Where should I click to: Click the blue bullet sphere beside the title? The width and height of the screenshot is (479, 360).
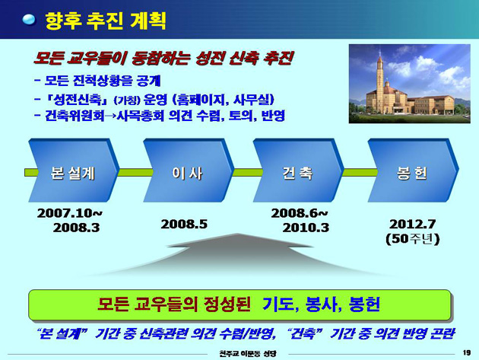pos(30,21)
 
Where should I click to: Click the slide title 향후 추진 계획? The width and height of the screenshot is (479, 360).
pos(106,21)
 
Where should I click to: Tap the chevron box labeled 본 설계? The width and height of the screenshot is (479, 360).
pos(73,170)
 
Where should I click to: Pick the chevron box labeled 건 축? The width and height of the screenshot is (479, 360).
pos(298,170)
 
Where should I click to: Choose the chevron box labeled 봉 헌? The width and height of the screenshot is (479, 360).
pos(413,170)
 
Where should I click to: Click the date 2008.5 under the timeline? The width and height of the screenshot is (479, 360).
pos(184,225)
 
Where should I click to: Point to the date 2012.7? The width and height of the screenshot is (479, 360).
pos(412,225)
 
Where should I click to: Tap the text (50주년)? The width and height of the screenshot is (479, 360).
pos(412,239)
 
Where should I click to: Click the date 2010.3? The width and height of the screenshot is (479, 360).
pos(306,228)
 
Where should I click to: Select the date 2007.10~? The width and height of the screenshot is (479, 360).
pos(70,213)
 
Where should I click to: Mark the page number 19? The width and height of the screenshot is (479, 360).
pos(467,352)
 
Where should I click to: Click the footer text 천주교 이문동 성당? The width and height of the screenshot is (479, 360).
pos(248,353)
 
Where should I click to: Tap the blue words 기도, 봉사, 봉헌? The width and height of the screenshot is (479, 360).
pos(321,304)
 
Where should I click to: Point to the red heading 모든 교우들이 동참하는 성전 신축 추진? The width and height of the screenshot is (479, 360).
pos(163,58)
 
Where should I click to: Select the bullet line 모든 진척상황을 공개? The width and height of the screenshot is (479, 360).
pos(97,81)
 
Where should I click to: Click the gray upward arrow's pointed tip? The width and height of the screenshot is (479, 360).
pos(237,234)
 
